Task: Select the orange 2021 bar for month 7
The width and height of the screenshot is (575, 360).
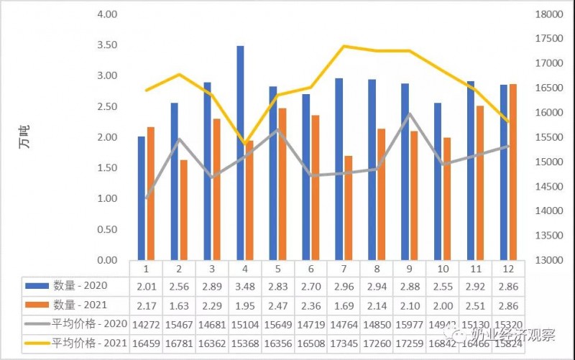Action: tap(348, 208)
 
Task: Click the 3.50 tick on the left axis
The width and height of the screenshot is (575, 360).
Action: tap(107, 45)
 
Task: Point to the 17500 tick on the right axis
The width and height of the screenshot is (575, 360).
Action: tap(543, 38)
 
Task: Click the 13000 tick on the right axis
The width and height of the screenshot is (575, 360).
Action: tap(543, 260)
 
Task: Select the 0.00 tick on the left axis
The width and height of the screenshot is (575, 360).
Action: tap(107, 260)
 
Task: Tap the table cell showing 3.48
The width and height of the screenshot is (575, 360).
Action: tap(245, 286)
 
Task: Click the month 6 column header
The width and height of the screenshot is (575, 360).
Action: tap(310, 268)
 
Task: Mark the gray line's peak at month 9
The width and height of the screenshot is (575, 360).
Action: tap(409, 114)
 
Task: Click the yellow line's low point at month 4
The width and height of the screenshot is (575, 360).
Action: tap(245, 144)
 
